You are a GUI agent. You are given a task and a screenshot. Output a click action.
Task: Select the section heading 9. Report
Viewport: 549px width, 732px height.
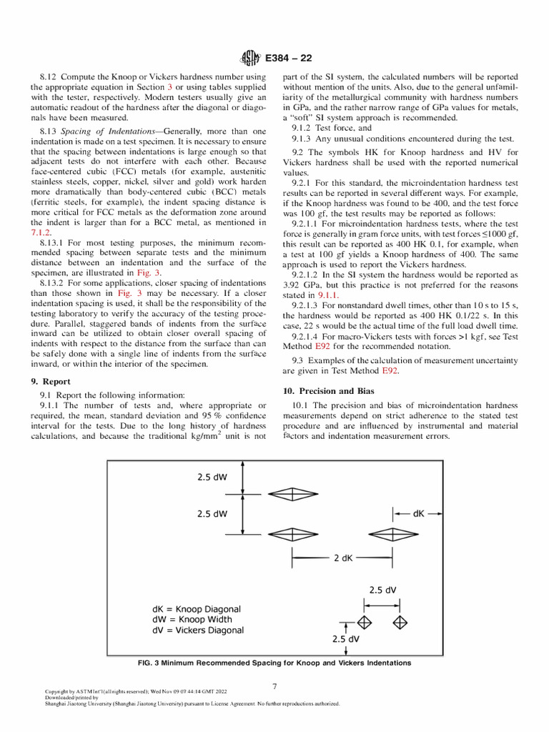point(54,382)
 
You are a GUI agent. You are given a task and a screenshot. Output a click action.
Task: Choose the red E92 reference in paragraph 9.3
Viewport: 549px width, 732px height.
point(390,372)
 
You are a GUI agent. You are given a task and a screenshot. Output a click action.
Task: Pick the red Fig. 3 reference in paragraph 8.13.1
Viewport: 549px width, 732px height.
point(147,272)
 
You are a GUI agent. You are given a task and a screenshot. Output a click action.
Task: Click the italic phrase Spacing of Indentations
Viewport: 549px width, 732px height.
point(110,132)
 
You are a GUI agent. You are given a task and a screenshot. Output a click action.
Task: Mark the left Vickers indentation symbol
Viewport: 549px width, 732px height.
point(365,620)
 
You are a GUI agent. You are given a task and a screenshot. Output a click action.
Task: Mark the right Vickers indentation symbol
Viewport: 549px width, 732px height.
point(400,620)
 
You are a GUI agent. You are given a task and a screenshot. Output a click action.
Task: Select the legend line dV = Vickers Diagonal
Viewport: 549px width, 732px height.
point(198,630)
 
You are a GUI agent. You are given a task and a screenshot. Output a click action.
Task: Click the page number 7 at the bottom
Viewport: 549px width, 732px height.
point(274,686)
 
